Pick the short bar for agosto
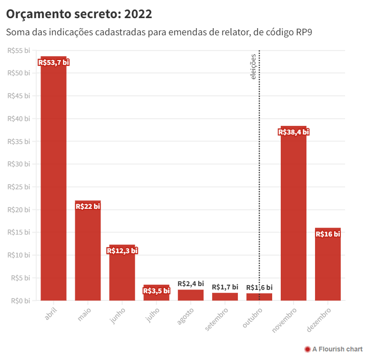tap(191, 295)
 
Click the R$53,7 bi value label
tap(53, 62)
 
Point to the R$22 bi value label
tap(88, 206)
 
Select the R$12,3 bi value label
tap(122, 250)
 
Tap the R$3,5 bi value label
tap(156, 290)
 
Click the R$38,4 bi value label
tap(294, 132)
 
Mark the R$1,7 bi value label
tap(225, 287)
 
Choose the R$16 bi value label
tap(328, 234)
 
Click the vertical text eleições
tap(254, 66)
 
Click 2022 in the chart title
tap(138, 14)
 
